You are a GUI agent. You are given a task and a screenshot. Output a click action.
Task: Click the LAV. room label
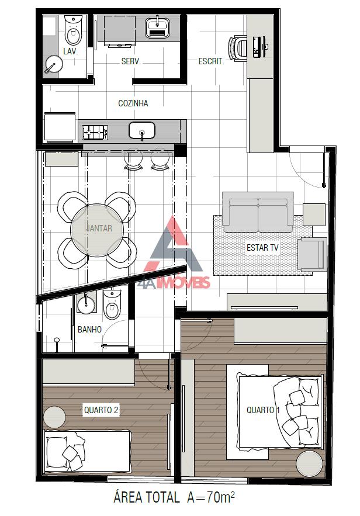point(71,51)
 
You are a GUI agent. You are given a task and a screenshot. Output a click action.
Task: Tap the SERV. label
point(131,61)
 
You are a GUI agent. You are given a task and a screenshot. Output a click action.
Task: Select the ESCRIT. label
point(211,61)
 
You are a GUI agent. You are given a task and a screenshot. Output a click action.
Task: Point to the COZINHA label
point(133,103)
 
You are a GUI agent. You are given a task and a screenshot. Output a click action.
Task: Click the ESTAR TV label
point(262,248)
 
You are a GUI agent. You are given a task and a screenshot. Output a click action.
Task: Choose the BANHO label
point(89,330)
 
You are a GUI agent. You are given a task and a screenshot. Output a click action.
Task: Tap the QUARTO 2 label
point(101,410)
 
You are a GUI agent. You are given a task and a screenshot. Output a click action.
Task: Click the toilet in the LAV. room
point(73,33)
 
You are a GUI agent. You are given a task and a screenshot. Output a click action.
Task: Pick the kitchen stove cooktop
point(95,131)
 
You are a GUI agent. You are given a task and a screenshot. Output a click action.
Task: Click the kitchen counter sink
point(142,130)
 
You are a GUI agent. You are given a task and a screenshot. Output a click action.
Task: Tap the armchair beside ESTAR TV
point(311,254)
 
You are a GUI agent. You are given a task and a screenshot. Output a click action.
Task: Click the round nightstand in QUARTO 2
point(54,416)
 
